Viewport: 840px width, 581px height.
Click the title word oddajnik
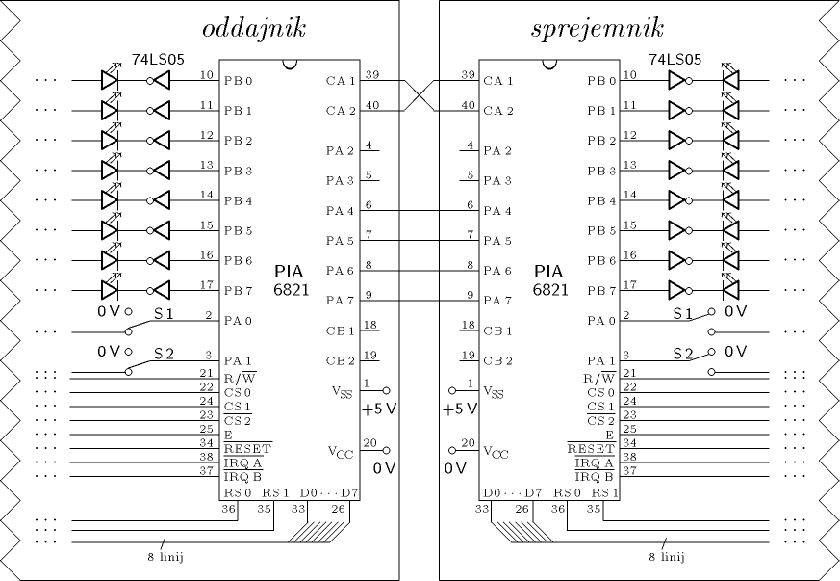point(256,28)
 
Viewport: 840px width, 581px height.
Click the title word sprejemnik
point(597,28)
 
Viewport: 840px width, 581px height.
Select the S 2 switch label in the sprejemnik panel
point(684,354)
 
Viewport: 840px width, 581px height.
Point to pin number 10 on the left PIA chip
point(207,74)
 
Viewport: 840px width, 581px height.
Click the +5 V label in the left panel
point(379,409)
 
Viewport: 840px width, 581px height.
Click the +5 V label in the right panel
point(460,409)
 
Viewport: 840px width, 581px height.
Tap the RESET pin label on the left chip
point(247,448)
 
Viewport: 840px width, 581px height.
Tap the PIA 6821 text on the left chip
point(292,279)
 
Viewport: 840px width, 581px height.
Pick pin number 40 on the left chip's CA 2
point(371,104)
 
